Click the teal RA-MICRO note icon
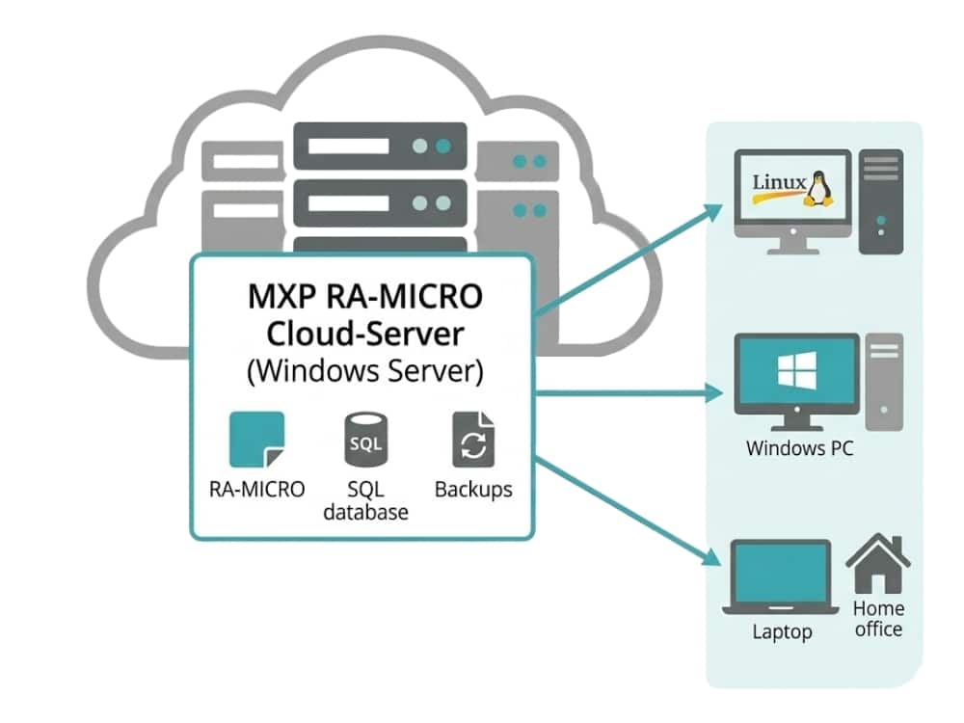click(x=256, y=440)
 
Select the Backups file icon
click(x=473, y=440)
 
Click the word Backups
click(x=473, y=489)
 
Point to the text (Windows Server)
click(x=364, y=372)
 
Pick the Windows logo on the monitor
click(x=796, y=370)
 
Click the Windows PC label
click(x=799, y=448)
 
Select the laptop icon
click(x=781, y=577)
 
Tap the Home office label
click(x=878, y=619)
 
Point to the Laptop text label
click(x=782, y=632)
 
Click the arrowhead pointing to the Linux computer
click(x=714, y=210)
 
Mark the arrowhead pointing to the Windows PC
click(x=714, y=392)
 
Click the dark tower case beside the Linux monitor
click(x=881, y=201)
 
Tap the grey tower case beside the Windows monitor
click(x=884, y=381)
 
